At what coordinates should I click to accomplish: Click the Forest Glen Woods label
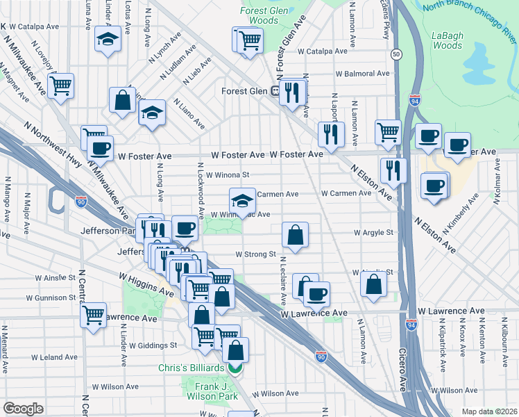coord(259,16)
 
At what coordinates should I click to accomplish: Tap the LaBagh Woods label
coord(447,40)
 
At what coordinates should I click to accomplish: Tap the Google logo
coord(22,409)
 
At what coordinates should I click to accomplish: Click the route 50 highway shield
coord(395,54)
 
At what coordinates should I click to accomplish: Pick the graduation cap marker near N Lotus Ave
coord(108,41)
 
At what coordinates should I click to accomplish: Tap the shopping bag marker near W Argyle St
coord(296,235)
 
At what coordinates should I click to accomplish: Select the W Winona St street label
coord(227,175)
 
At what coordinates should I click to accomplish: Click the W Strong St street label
coord(256,254)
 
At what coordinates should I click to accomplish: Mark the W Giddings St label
coord(154,345)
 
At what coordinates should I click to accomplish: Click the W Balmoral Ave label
coord(362,73)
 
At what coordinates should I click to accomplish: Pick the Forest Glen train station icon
coord(275,90)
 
